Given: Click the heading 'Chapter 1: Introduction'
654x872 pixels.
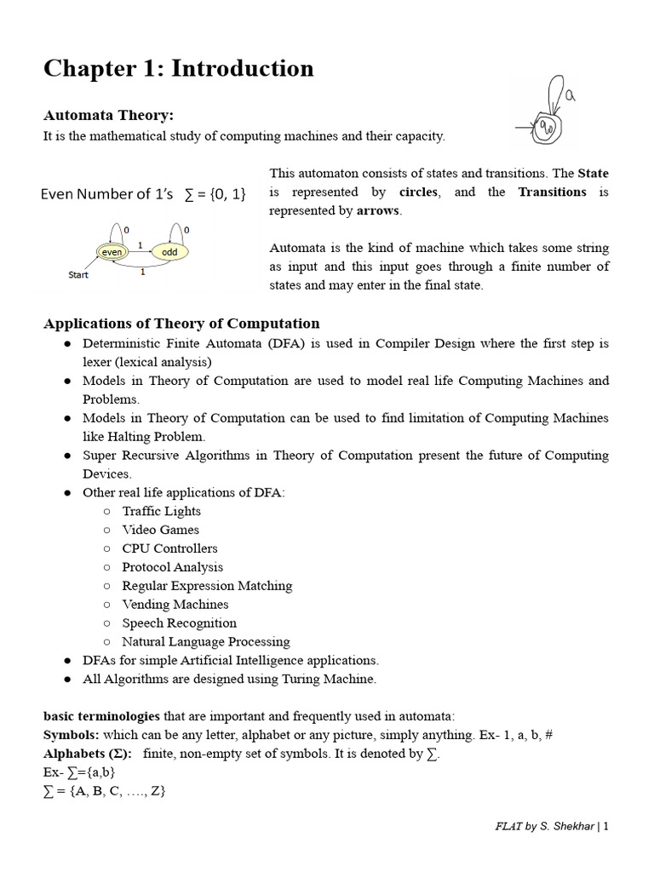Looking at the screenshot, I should (x=178, y=68).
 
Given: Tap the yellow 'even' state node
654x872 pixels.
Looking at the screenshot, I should (x=111, y=252).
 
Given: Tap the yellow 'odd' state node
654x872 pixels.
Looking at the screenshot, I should (x=169, y=252).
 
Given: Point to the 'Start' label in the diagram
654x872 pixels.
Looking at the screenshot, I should (x=78, y=275).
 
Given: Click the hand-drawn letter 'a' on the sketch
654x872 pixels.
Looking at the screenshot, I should (x=571, y=97).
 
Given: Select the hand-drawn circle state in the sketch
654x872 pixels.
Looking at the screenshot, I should (x=548, y=129).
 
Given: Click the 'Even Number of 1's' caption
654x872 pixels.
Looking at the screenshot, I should (x=106, y=194).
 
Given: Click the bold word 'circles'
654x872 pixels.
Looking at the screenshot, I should (x=418, y=192).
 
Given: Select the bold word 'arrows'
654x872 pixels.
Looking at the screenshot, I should (x=376, y=210).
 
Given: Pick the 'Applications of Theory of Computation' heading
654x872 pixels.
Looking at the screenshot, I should (x=181, y=323).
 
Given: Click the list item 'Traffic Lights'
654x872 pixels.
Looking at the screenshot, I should (x=161, y=511).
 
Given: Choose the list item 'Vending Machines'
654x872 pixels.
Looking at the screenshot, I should (x=175, y=605).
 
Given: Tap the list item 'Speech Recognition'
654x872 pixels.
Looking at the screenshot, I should (x=179, y=623).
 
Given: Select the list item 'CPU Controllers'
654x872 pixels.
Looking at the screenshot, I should (x=169, y=548).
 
